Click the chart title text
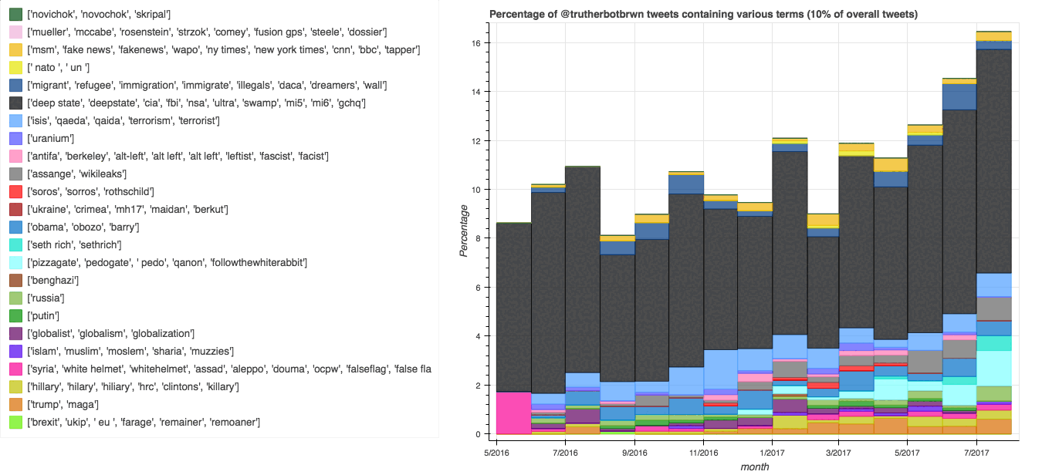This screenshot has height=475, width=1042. (x=709, y=15)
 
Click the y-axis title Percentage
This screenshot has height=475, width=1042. (x=464, y=230)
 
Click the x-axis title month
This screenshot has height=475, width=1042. (x=755, y=467)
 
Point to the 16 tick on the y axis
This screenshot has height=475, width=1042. (x=477, y=43)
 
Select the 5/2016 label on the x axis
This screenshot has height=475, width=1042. (x=497, y=452)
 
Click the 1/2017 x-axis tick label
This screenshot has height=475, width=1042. (x=771, y=452)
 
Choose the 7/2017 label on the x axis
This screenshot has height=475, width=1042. (x=977, y=452)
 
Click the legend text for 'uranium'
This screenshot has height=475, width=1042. (x=50, y=139)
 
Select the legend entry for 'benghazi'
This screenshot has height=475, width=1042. (x=53, y=281)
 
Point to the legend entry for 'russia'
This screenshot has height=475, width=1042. (x=48, y=298)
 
